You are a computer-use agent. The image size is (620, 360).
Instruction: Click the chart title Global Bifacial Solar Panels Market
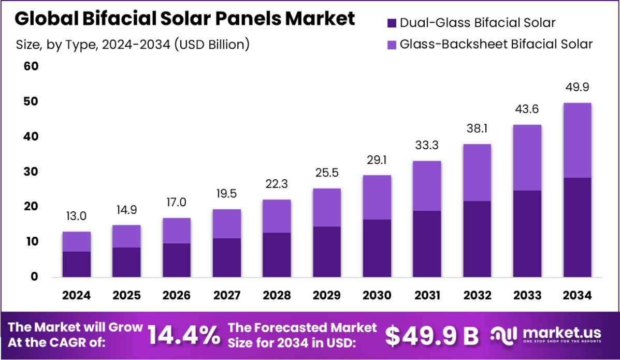click(185, 19)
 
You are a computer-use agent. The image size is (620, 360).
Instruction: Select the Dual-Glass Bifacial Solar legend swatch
click(392, 23)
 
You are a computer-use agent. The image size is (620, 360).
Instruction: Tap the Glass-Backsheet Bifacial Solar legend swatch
click(392, 44)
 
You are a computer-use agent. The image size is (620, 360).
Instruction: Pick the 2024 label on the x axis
click(77, 295)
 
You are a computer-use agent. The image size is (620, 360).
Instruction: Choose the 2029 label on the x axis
click(327, 295)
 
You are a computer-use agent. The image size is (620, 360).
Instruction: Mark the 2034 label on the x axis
click(577, 295)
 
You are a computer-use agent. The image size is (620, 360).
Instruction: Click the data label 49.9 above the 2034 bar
click(577, 87)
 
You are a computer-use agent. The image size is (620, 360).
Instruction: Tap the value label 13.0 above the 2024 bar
click(77, 216)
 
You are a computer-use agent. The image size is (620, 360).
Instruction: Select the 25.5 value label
click(327, 172)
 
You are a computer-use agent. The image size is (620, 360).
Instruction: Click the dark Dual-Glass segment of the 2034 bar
click(577, 227)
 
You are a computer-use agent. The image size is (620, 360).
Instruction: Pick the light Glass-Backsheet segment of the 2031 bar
click(427, 186)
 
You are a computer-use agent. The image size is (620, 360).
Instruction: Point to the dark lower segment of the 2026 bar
click(177, 260)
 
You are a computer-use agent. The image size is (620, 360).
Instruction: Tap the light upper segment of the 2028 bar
click(277, 216)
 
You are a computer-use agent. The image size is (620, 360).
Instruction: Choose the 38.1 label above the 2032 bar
click(477, 128)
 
